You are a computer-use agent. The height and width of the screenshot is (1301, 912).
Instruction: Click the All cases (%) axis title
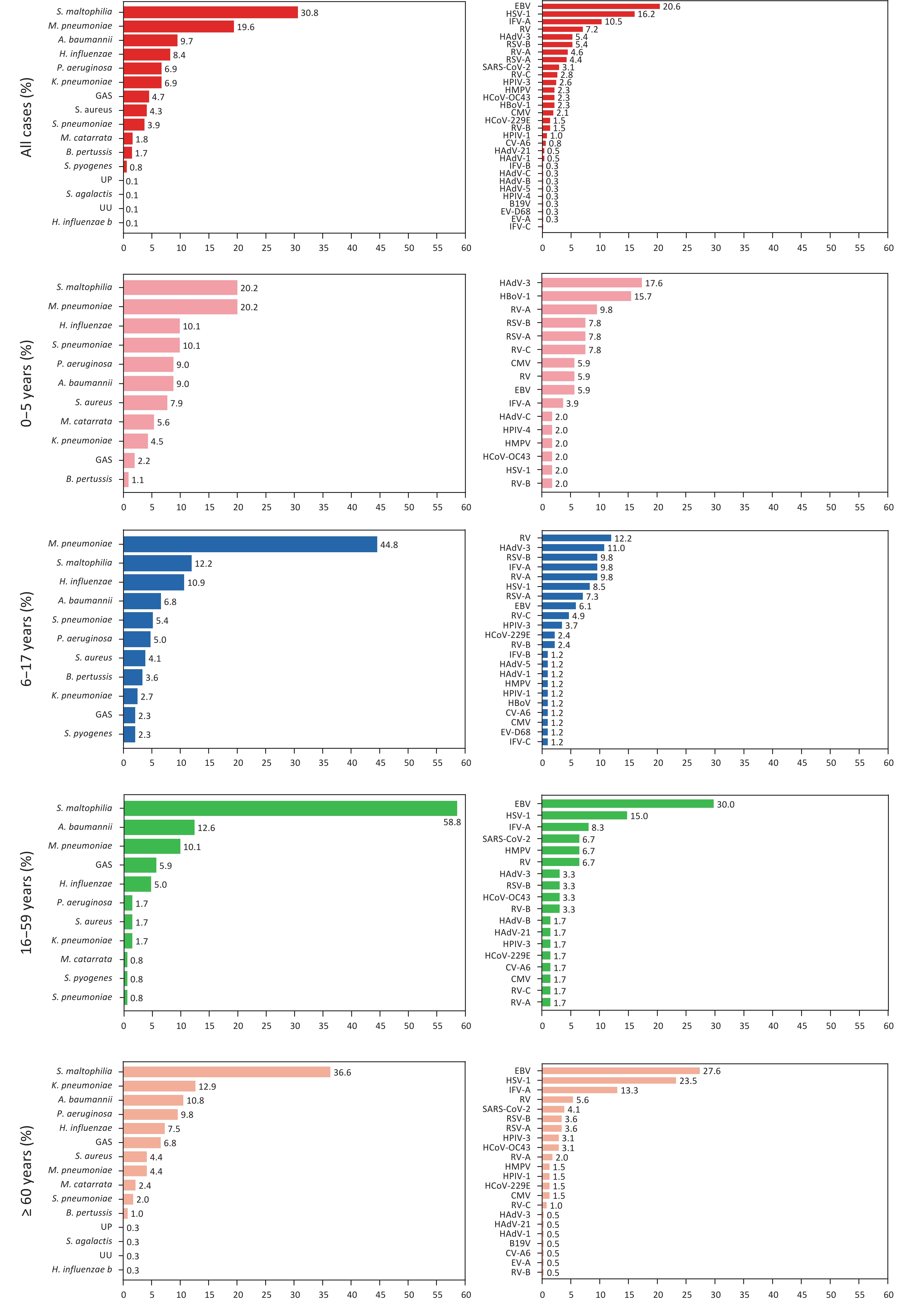(x=26, y=117)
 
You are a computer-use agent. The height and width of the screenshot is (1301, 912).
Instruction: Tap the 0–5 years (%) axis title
(x=26, y=383)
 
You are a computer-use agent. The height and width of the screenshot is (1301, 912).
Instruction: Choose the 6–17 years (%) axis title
(x=26, y=639)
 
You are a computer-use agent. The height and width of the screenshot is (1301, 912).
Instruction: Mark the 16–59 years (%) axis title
(x=26, y=903)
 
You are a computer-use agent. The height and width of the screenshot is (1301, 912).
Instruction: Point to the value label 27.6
(x=712, y=1071)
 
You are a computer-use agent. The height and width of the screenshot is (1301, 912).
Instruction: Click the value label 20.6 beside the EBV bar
(x=672, y=7)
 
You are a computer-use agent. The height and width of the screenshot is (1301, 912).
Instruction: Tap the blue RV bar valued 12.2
(x=576, y=538)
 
